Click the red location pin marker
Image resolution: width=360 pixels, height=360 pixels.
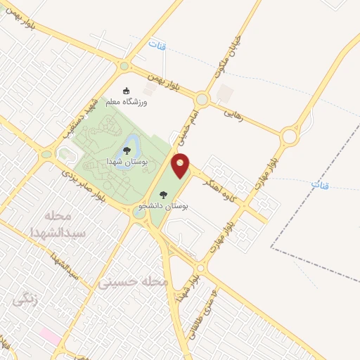pyautogui.click(x=181, y=166)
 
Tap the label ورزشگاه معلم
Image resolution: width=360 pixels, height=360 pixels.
pyautogui.click(x=127, y=103)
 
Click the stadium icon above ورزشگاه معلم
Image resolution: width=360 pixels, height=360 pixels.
pyautogui.click(x=127, y=91)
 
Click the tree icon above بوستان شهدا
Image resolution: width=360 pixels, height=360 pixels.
pyautogui.click(x=127, y=150)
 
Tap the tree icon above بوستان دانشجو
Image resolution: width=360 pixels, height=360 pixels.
pyautogui.click(x=164, y=195)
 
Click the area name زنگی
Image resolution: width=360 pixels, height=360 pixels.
pyautogui.click(x=25, y=299)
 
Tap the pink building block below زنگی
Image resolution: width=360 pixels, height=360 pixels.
pyautogui.click(x=49, y=335)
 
